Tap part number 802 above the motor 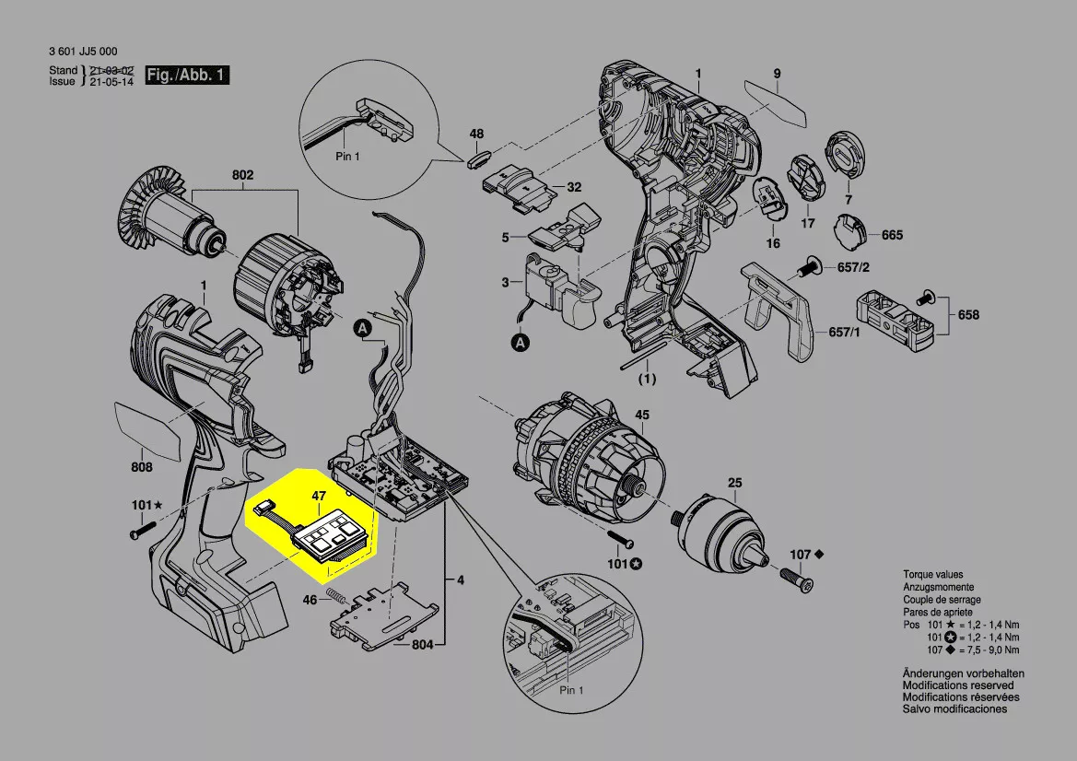point(243,175)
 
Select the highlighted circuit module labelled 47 point(334,534)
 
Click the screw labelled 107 point(796,580)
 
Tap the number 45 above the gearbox point(642,415)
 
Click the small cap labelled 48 point(477,157)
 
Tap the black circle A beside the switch point(521,343)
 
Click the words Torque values point(932,575)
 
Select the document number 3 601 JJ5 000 point(83,52)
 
